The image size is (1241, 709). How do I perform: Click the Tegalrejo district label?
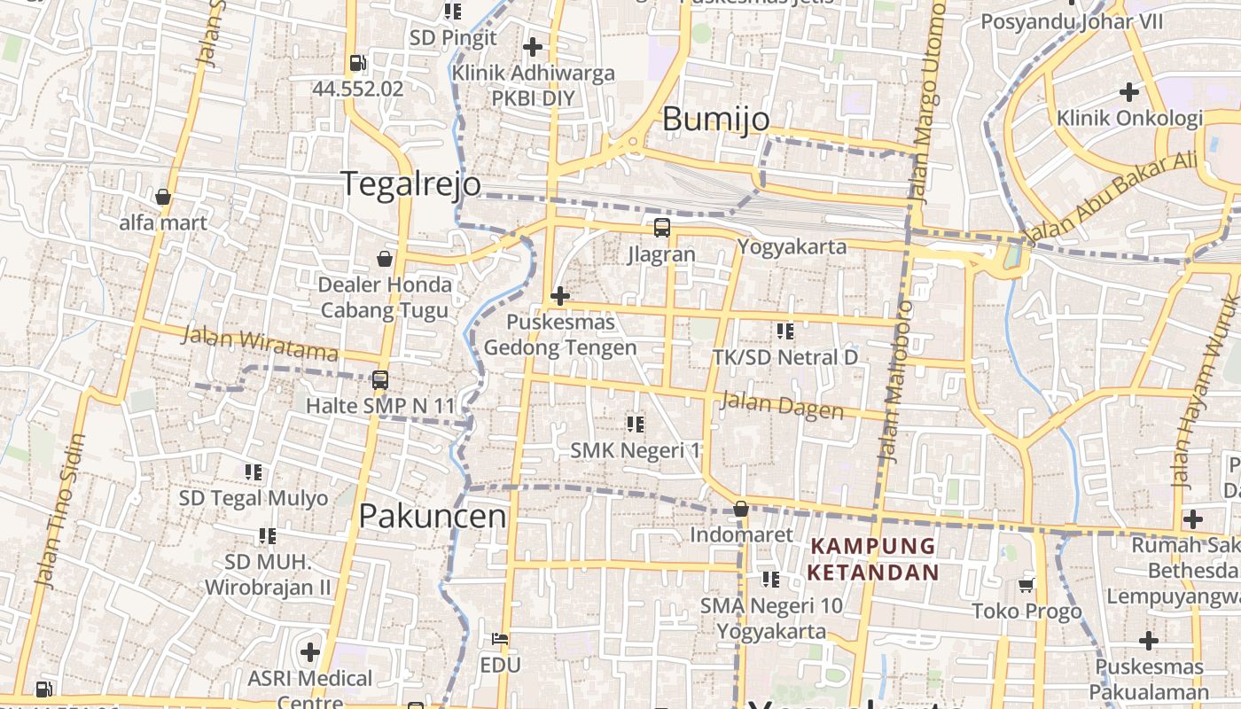pos(411,183)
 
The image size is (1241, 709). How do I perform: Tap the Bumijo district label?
pos(715,119)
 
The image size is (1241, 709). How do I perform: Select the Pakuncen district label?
pos(433,516)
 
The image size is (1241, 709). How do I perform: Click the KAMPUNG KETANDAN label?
pos(872,559)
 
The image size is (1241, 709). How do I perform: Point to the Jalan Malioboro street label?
pos(894,381)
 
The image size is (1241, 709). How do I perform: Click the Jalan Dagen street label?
pos(782,405)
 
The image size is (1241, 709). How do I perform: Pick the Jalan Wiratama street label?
pos(260,344)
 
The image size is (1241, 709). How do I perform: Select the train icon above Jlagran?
pos(661,228)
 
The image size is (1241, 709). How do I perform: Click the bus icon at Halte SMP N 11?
pos(379,379)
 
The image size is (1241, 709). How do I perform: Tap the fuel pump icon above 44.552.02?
pos(357,62)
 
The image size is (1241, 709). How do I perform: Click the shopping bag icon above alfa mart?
pos(163,197)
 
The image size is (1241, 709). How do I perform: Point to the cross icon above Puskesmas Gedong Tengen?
pos(559,295)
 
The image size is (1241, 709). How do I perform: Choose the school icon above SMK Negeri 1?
pos(635,424)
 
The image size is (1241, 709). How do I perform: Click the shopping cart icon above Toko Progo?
pos(1026,584)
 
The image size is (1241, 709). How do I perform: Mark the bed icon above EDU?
pos(500,638)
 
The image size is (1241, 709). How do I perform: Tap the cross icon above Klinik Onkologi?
pos(1128,91)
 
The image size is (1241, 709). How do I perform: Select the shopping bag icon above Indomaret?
pos(741,509)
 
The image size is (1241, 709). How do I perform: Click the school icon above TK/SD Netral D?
pos(784,331)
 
